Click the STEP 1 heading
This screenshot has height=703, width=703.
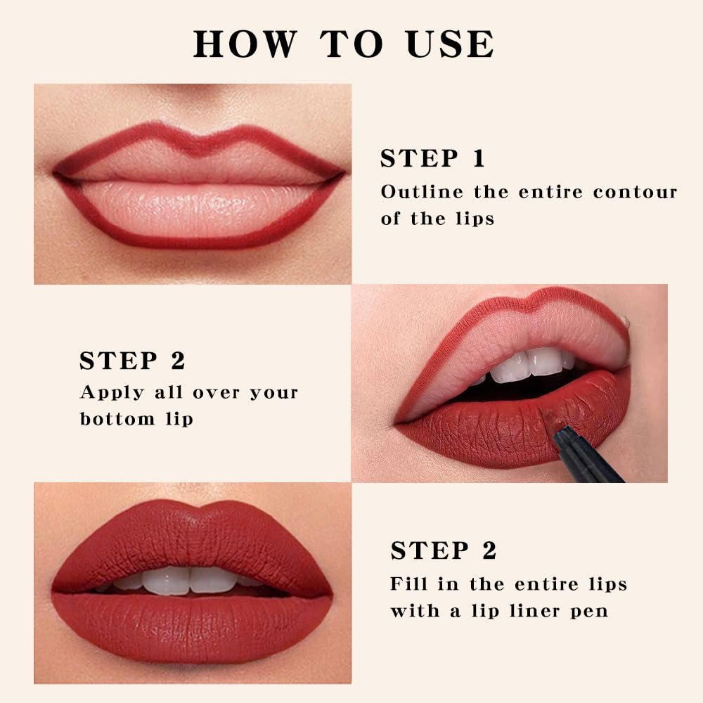click(x=432, y=158)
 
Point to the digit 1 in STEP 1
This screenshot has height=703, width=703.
click(x=479, y=158)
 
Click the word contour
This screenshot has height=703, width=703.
click(x=635, y=192)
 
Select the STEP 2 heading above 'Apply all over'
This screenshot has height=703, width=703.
click(x=132, y=360)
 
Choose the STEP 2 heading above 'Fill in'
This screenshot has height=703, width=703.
click(x=444, y=550)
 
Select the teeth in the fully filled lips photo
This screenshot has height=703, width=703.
click(x=190, y=579)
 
